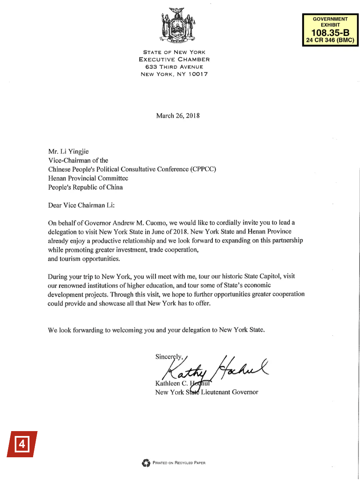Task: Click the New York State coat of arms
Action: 177,25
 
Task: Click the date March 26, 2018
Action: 178,116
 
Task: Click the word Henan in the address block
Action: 57,178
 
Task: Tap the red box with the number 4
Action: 22,444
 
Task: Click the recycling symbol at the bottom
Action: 146,463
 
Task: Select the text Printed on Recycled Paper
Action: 179,463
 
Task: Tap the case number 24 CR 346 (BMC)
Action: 330,40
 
